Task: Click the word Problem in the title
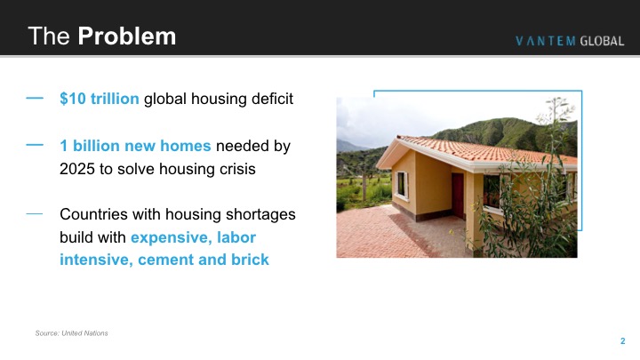tap(127, 36)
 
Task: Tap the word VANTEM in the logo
tap(546, 41)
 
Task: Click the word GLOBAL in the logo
tap(602, 41)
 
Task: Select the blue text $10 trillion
tap(100, 99)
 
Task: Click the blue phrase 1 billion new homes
tap(135, 146)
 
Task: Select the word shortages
tap(260, 215)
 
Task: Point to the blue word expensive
tap(171, 237)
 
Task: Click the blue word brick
tap(250, 260)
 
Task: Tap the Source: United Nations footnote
tap(71, 333)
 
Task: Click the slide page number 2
tap(622, 340)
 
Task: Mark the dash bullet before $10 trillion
tap(35, 98)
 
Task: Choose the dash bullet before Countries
tap(35, 213)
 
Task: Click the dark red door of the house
tap(458, 196)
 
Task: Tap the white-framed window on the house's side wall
tap(402, 185)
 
